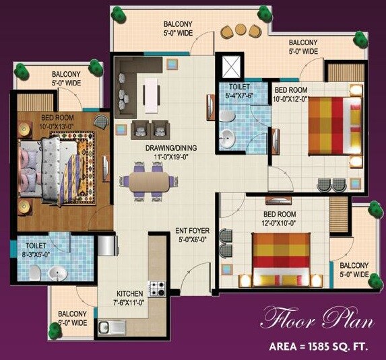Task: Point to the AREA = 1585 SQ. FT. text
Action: pyautogui.click(x=321, y=348)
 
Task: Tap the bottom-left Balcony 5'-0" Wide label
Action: pyautogui.click(x=73, y=318)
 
